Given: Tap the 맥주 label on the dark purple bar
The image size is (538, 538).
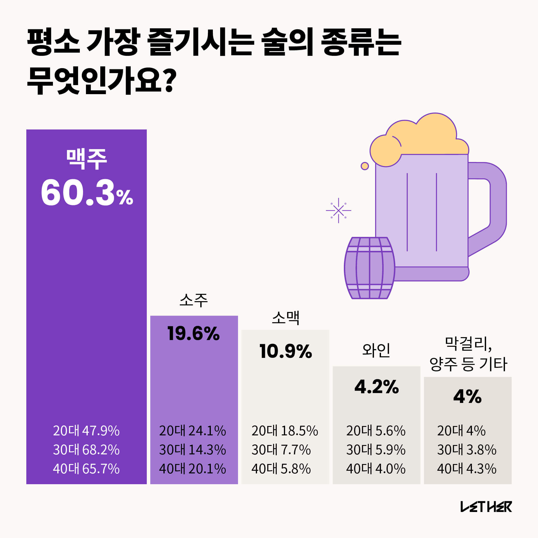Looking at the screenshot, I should [x=87, y=159].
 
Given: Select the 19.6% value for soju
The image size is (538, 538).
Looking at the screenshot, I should [x=194, y=333].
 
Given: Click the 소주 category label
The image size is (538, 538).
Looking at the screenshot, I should [x=194, y=300].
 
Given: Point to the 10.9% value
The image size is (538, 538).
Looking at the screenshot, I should [x=286, y=351].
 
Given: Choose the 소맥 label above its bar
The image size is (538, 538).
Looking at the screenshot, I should [x=286, y=318].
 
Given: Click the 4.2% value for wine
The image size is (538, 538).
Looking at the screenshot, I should [x=377, y=387].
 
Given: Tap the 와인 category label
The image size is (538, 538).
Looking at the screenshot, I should [x=376, y=350].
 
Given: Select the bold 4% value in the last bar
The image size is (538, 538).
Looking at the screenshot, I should [x=467, y=396].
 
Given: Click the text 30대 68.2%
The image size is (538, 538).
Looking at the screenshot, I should [x=86, y=450].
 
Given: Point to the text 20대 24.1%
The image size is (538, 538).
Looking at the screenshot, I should [x=192, y=431].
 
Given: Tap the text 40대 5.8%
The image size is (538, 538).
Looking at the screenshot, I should [x=281, y=469].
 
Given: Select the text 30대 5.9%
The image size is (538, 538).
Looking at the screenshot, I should [x=376, y=450].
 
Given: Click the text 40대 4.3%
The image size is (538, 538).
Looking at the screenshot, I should [x=467, y=469].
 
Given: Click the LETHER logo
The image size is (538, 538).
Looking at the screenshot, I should [x=486, y=507].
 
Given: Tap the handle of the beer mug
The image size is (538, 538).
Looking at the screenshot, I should [x=497, y=205].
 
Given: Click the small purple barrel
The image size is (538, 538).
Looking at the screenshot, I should [x=370, y=268].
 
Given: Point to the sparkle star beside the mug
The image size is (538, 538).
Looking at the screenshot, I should [x=338, y=210].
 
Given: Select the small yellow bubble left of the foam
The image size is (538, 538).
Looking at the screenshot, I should [x=365, y=166].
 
